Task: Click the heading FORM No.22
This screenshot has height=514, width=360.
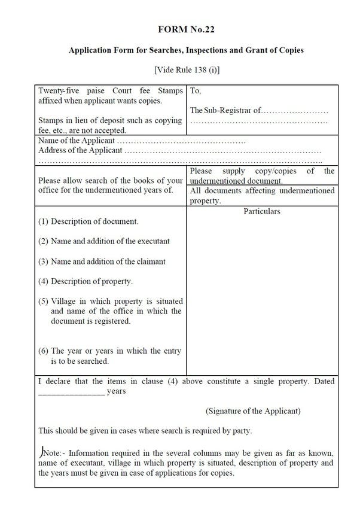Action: (186, 29)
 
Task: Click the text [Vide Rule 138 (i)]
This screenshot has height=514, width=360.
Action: (187, 70)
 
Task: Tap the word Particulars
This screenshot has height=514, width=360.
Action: (262, 211)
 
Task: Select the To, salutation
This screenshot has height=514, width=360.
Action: (196, 92)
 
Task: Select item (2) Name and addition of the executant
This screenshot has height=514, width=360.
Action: (104, 241)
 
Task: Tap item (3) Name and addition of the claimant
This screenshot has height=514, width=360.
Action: (102, 261)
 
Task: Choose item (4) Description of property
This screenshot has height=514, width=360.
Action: (86, 281)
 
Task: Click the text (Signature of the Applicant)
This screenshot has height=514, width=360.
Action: (253, 411)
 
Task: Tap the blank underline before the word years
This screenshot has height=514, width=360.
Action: (71, 392)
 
